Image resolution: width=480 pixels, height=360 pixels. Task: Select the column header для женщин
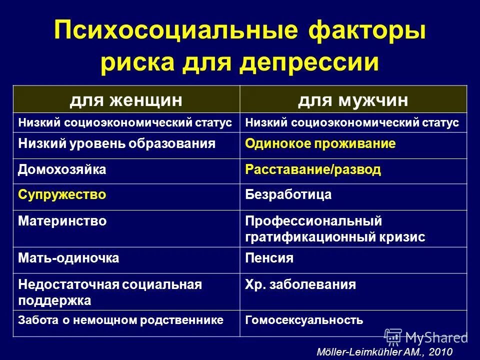[125, 100]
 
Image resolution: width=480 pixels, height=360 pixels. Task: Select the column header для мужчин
[353, 100]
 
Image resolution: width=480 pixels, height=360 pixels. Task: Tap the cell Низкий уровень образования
[116, 144]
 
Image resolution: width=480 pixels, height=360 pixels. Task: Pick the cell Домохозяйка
[62, 169]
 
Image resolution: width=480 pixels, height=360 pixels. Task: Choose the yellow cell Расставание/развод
[313, 169]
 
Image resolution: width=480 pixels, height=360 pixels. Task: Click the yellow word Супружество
[62, 195]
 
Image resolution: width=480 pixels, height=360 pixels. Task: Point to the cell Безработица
[288, 195]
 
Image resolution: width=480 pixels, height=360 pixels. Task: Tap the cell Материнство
[62, 220]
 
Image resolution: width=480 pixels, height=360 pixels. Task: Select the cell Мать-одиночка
[68, 258]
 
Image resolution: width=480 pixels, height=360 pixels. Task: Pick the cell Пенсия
[269, 258]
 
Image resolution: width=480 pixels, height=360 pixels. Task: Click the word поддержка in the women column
[54, 301]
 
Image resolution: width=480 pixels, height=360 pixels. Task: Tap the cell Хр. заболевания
[300, 285]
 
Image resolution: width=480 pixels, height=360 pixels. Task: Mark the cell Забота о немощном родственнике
[120, 320]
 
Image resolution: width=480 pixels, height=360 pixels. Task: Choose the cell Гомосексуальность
[304, 320]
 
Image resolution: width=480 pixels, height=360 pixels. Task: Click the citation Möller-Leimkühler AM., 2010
[384, 351]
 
